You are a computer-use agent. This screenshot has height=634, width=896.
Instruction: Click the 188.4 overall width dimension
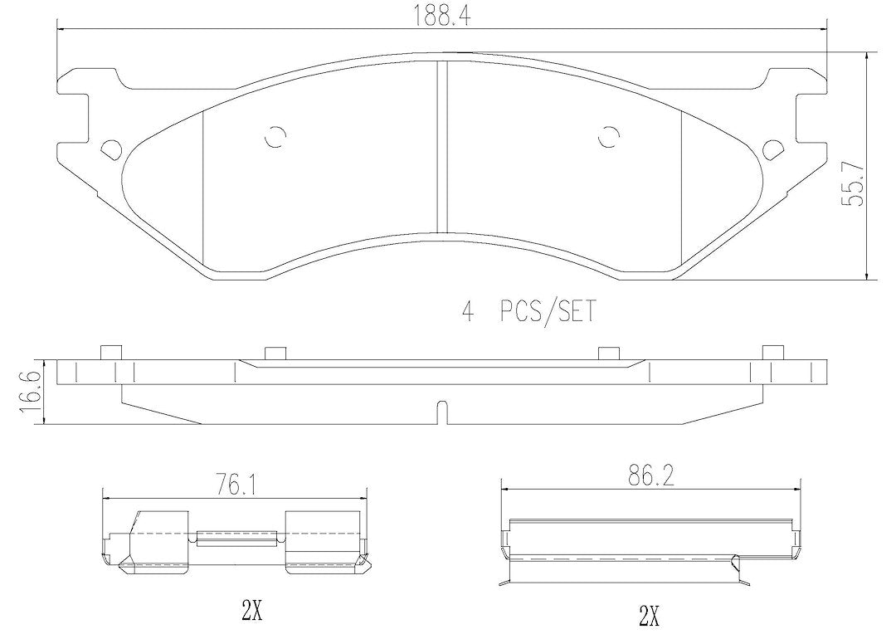[x=443, y=17]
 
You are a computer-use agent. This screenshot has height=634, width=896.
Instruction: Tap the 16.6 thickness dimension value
[x=27, y=392]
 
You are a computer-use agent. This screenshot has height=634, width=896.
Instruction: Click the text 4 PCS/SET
[x=528, y=311]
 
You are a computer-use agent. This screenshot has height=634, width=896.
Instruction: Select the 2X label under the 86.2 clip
[x=650, y=616]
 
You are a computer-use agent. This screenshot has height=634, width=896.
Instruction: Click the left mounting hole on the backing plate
[x=111, y=149]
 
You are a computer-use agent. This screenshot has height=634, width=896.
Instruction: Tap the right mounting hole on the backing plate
[x=773, y=149]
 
